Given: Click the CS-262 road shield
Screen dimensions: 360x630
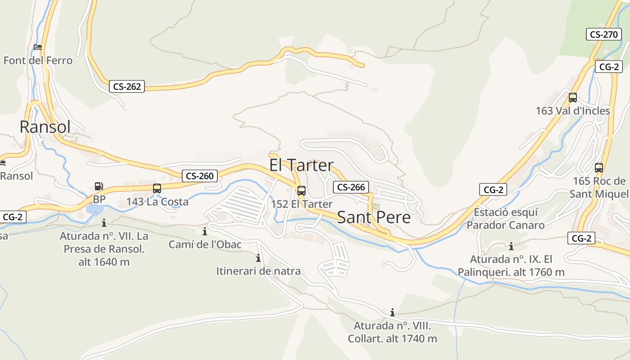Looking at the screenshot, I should pos(127,86).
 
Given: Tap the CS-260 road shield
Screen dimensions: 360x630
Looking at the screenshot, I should pos(200,176).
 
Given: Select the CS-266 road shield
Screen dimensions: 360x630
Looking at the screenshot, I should pos(351,187).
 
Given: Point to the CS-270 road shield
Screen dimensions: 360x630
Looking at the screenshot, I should pos(603,34).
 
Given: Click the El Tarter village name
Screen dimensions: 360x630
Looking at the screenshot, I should pos(301,165).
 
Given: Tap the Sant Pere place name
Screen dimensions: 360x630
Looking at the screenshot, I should pos(373,217).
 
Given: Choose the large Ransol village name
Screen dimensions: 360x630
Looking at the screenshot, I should pos(45,127).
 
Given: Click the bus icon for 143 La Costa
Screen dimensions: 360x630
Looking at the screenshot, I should pos(157,189).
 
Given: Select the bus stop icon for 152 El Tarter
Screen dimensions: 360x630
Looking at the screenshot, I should pos(301,190).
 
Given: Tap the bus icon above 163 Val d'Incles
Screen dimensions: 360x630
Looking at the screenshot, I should pos(572,97).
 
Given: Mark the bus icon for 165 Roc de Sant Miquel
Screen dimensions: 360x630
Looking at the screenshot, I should pos(598,168).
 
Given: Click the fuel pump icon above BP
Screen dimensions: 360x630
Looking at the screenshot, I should pos(99,186).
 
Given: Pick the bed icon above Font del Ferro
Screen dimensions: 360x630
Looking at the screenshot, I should pos(38,47).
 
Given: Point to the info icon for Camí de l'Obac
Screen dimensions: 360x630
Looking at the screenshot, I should pos(205,231).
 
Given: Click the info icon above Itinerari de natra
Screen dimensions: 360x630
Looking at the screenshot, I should pos(258,258).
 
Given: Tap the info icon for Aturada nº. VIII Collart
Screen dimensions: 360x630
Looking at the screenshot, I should pos(392,312).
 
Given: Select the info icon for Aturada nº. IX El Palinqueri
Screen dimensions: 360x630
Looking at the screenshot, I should pos(511,246).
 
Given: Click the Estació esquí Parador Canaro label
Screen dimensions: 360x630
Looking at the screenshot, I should pos(505,218).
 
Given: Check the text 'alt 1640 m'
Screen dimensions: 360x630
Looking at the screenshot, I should pos(104,262).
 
